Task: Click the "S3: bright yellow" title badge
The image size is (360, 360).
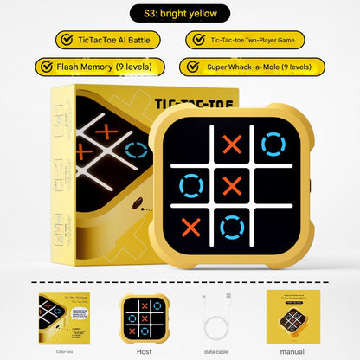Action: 179,14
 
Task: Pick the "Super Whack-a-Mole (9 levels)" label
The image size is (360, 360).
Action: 256,67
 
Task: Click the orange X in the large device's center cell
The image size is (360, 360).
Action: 231,184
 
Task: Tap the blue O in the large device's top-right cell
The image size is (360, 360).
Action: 273,143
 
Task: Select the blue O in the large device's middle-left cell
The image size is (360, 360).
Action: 191,184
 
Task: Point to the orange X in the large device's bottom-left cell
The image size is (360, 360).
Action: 191,227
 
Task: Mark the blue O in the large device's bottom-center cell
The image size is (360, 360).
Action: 231,227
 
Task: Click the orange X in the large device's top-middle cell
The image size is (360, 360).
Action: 231,144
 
